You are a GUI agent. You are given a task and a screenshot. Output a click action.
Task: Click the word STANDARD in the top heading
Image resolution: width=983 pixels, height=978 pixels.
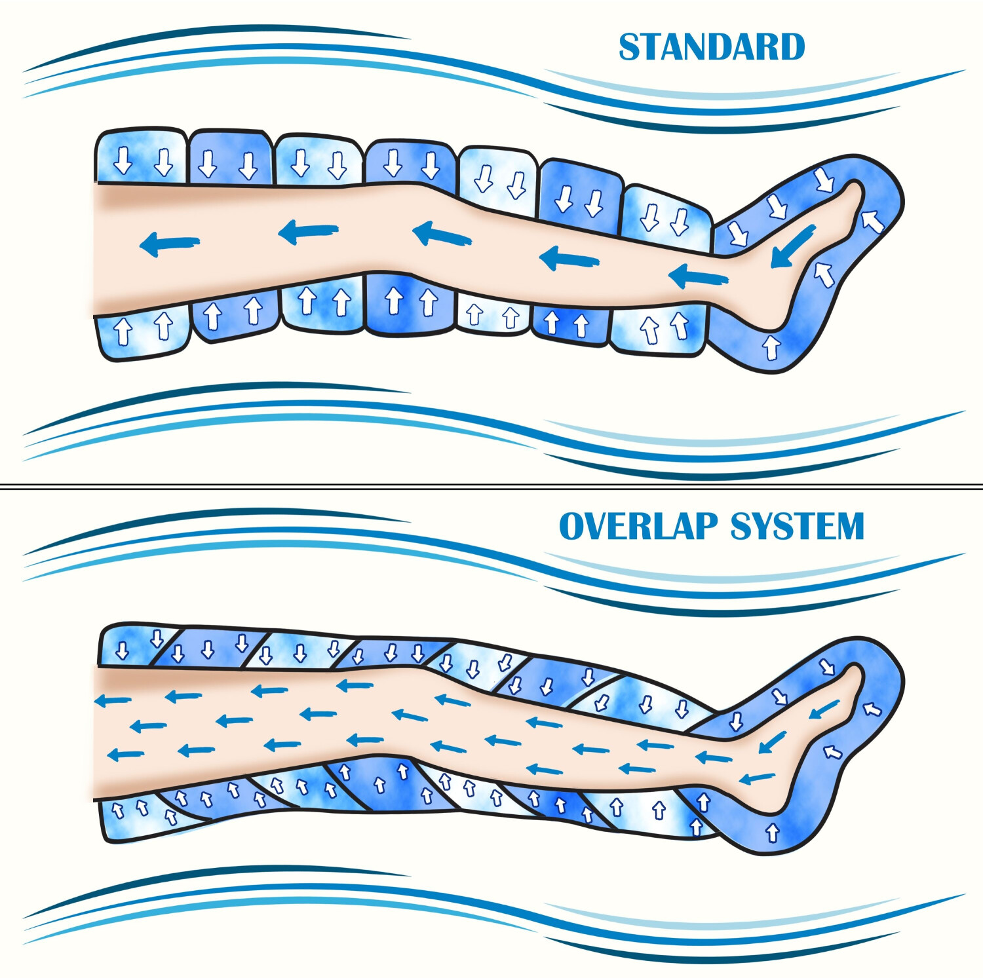point(712,47)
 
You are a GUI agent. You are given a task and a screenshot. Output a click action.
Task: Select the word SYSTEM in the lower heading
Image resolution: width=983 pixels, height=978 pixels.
point(798,526)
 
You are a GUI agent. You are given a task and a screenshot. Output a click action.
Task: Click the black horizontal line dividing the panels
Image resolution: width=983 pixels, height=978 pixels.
point(491,486)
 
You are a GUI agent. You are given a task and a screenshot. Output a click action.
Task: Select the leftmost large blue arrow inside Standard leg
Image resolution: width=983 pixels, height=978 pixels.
point(169,244)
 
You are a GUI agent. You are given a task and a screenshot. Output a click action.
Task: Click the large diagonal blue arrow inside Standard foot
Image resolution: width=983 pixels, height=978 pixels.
point(793,246)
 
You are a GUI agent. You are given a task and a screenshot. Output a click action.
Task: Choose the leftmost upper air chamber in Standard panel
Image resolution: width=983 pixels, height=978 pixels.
point(141,157)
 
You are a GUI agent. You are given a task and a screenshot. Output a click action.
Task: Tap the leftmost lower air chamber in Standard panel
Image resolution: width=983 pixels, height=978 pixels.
point(143,335)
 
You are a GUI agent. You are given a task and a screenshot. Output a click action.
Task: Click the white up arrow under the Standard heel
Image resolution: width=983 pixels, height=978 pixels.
point(771,347)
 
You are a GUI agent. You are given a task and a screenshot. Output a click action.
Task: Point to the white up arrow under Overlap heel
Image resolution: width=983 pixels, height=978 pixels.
point(773,833)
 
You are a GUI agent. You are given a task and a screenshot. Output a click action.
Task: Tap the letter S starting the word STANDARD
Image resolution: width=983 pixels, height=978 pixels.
point(630,47)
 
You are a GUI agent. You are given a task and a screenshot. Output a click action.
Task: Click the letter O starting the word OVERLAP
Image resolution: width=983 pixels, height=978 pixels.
point(572,526)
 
